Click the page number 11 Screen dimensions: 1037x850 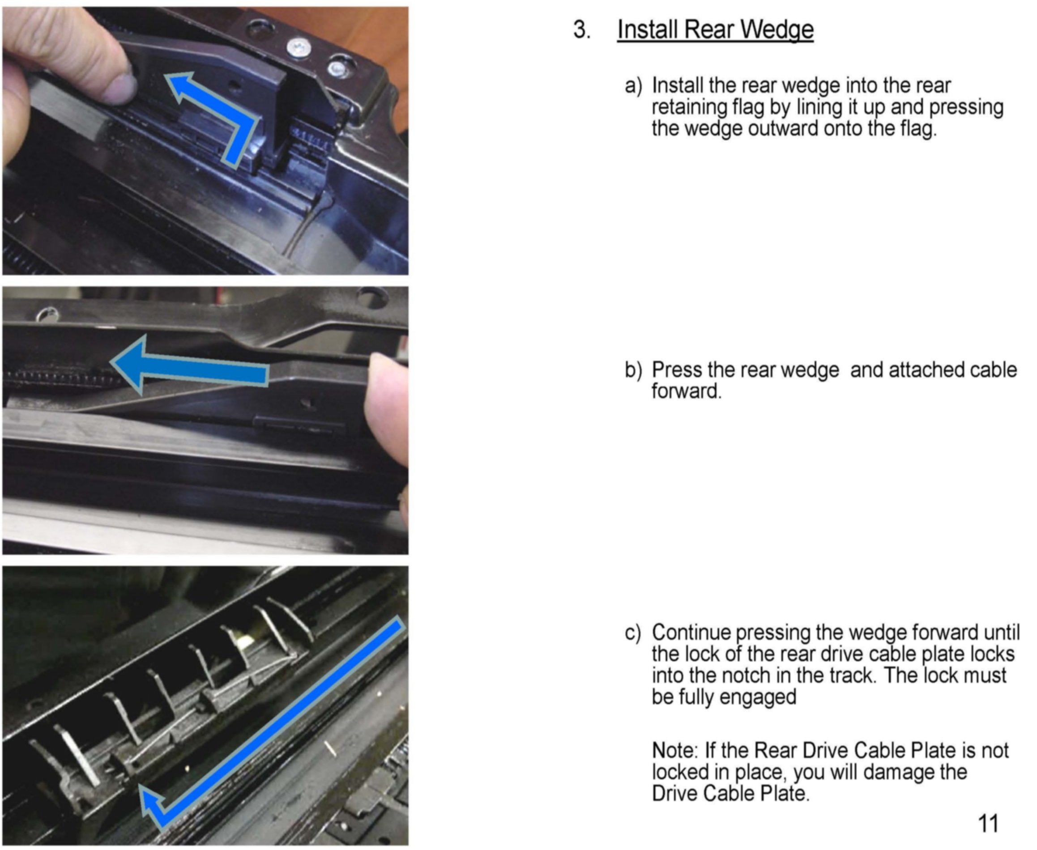pos(987,824)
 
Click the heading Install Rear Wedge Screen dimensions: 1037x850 pos(715,30)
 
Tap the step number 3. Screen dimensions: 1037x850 pos(581,30)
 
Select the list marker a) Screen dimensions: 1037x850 pos(633,86)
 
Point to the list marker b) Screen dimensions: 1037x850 pos(633,370)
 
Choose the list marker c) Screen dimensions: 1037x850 pos(632,633)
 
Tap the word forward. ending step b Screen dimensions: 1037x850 pos(686,391)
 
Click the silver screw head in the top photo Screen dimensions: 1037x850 pos(297,47)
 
